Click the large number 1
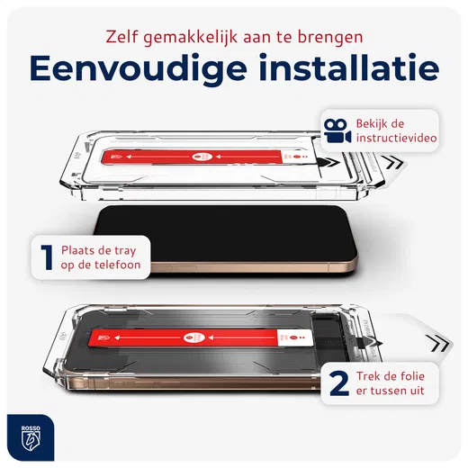[x=42, y=257]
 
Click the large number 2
[x=340, y=383]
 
